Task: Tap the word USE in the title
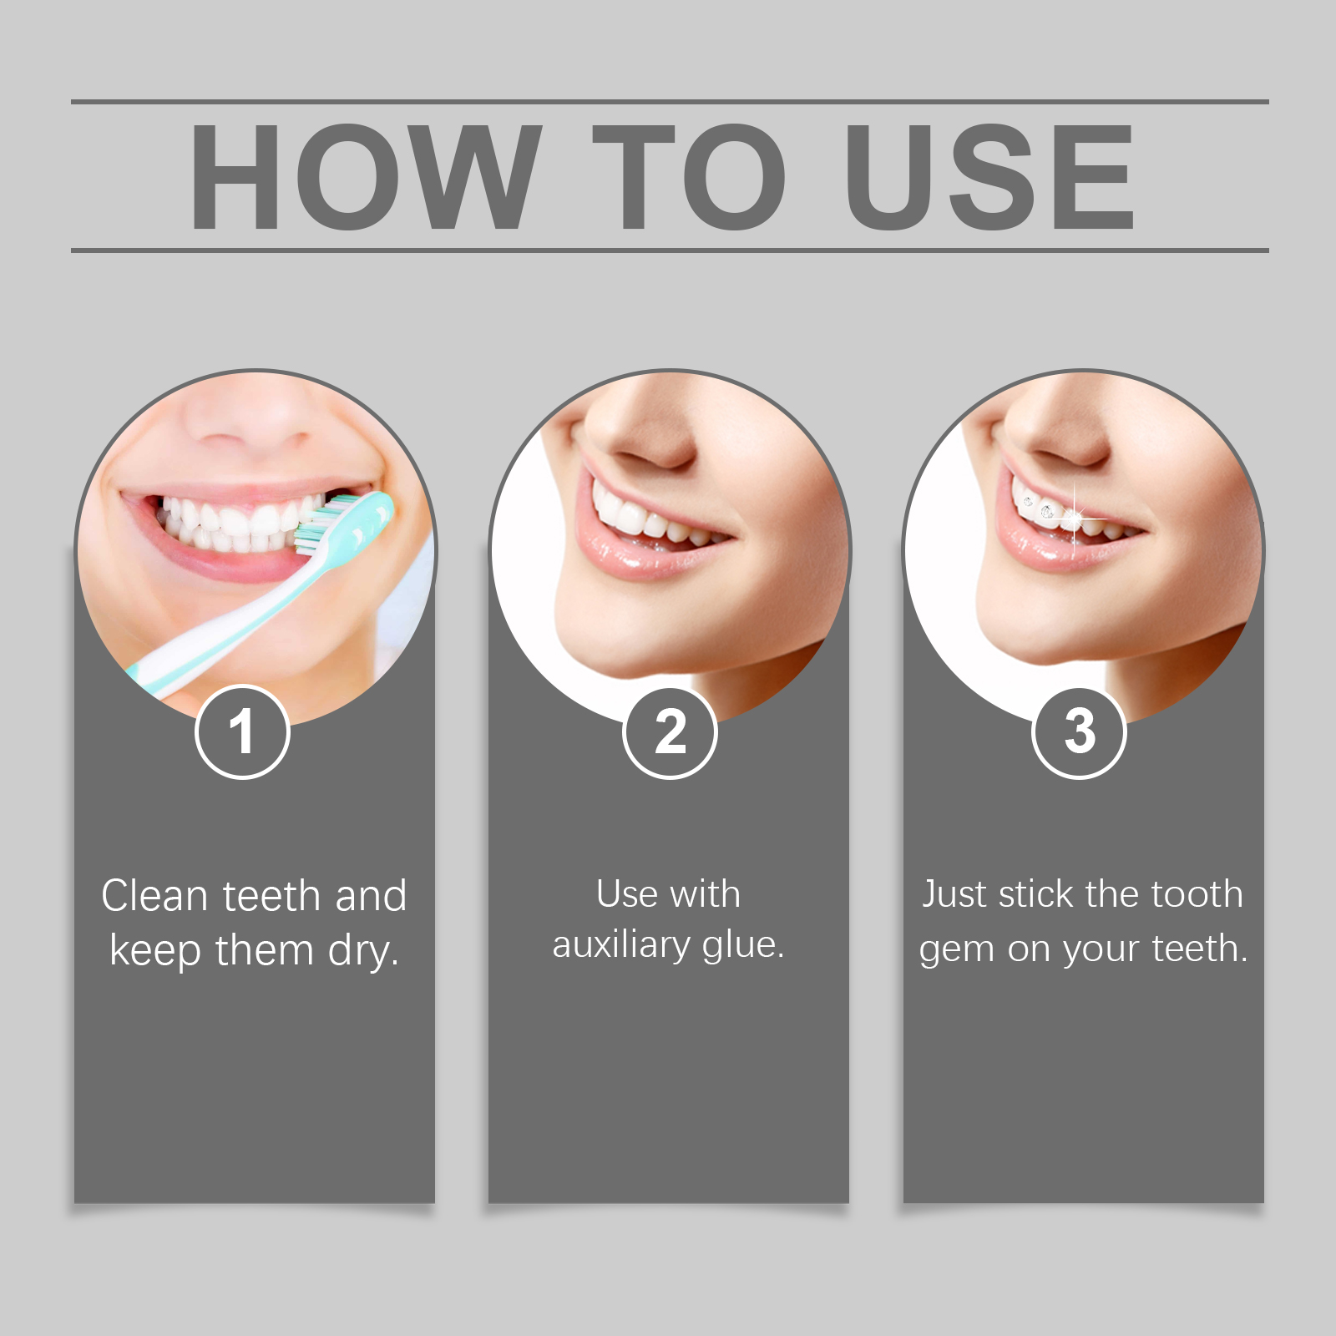[989, 176]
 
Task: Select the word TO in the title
[689, 176]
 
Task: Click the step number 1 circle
[242, 732]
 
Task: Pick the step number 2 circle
[670, 732]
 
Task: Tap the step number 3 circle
[1080, 732]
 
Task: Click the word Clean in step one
[154, 896]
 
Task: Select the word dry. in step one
[363, 951]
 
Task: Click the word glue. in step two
[743, 946]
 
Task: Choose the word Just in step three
[954, 894]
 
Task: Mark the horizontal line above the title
[670, 102]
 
